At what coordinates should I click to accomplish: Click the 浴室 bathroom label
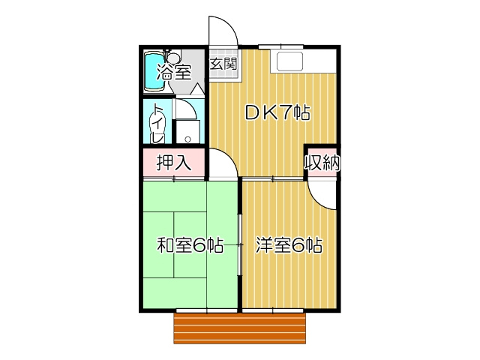tap(174, 73)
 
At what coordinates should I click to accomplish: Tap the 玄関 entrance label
tap(222, 64)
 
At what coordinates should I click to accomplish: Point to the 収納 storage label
tap(322, 161)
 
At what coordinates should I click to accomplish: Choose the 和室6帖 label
tap(189, 245)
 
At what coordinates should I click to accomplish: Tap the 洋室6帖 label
tap(289, 245)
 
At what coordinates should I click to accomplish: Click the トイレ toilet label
tap(158, 122)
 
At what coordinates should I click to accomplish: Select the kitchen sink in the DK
tap(289, 61)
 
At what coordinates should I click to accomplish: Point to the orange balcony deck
tap(241, 328)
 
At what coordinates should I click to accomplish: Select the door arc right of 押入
tap(221, 161)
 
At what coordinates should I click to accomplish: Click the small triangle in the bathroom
tap(198, 88)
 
